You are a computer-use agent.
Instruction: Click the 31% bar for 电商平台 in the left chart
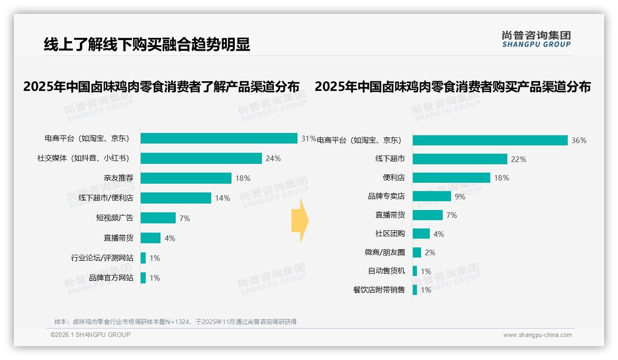[219, 138]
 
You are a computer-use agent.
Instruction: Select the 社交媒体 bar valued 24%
[201, 158]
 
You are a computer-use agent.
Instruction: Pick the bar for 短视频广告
[158, 218]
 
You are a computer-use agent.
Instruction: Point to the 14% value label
[222, 198]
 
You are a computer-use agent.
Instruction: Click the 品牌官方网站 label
[111, 278]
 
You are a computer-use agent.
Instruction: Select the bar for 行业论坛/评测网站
[143, 258]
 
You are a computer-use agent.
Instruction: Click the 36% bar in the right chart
[490, 140]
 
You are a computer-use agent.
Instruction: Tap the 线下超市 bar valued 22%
[460, 159]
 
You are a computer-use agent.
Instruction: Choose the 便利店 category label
[393, 178]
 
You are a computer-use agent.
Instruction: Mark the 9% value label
[460, 197]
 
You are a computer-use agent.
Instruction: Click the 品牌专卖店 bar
[432, 196]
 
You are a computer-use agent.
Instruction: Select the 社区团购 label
[390, 234]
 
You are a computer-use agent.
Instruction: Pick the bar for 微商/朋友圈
[417, 252]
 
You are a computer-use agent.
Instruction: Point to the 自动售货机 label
[386, 271]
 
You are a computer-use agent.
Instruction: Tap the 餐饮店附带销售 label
[379, 290]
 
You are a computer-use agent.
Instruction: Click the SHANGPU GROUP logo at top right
[536, 39]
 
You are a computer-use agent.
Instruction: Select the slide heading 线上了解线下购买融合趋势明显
[147, 44]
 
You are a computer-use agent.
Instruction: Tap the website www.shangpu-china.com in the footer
[537, 335]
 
